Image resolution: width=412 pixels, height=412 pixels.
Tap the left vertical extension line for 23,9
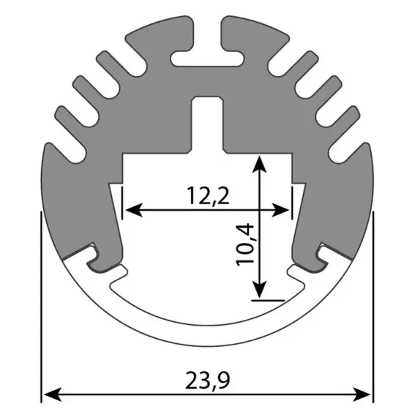(x=41, y=307)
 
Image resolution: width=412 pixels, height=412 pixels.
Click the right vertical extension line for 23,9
(x=372, y=307)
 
